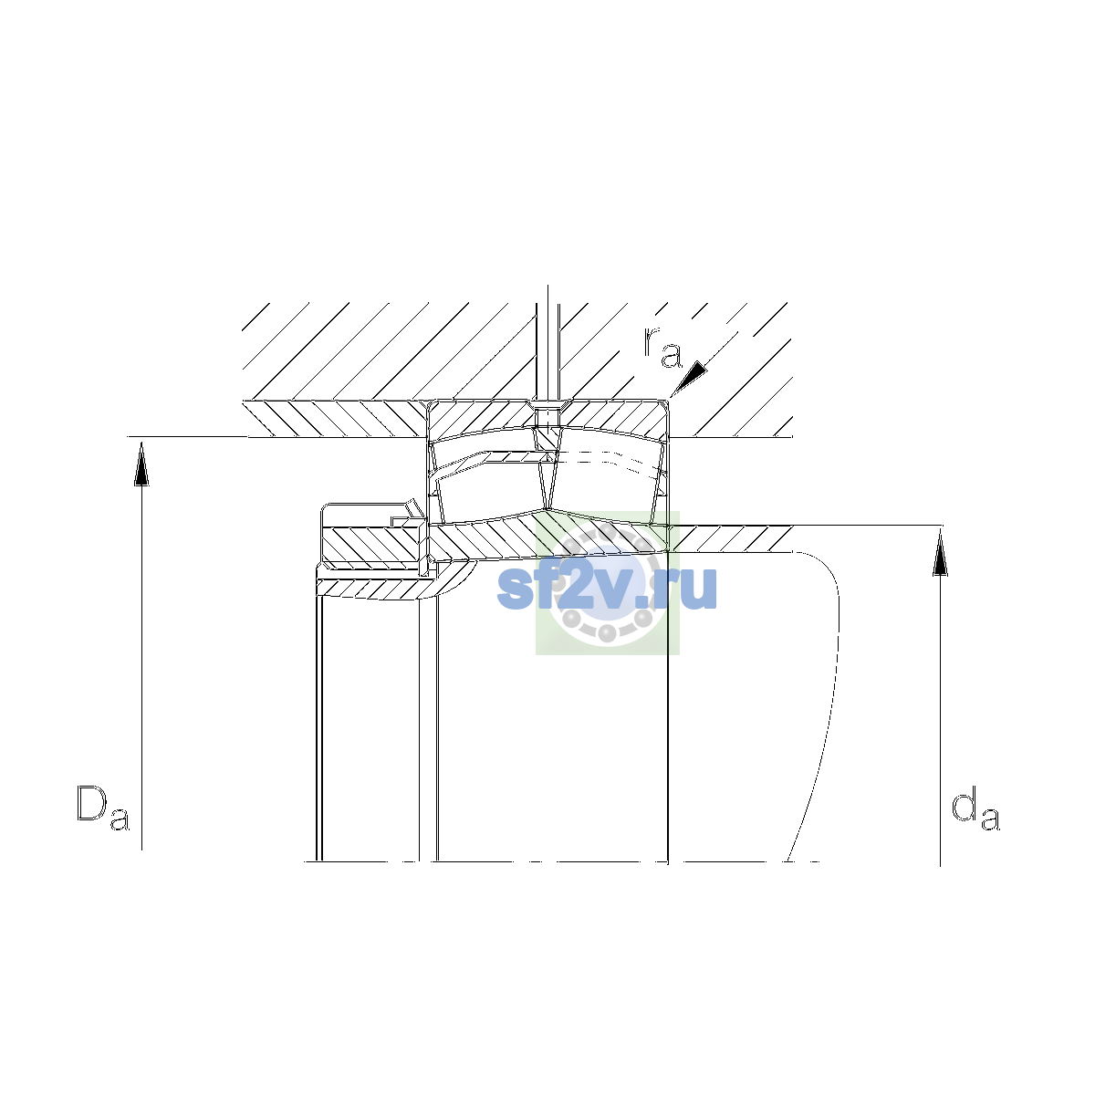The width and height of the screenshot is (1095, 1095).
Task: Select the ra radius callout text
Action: pos(662,347)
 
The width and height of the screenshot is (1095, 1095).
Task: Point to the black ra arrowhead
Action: pos(690,377)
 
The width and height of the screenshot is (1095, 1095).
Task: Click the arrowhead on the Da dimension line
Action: pos(141,464)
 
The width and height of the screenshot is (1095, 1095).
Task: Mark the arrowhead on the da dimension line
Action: pos(941,553)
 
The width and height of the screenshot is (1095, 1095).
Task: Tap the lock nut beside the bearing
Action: pos(372,536)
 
